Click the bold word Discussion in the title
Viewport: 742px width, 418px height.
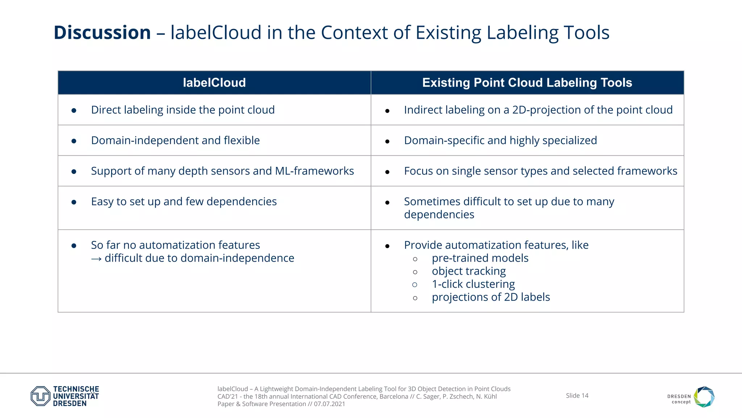coord(102,33)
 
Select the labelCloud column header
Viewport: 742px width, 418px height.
coord(214,83)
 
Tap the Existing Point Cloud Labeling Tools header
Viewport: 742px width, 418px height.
coord(527,83)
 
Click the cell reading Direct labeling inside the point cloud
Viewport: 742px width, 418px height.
coord(183,110)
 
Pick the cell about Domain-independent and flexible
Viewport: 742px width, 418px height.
coord(175,140)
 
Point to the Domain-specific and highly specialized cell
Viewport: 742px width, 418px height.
coord(500,140)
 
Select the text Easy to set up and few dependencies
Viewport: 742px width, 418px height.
coord(184,201)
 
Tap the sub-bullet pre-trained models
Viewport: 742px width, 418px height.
coord(480,258)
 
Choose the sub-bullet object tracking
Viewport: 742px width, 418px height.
coord(469,271)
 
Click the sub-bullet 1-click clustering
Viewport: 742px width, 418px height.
coord(473,284)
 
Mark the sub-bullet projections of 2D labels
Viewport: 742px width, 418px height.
coord(491,297)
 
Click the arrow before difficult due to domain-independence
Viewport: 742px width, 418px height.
coord(96,259)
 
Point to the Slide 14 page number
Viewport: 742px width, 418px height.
coord(577,396)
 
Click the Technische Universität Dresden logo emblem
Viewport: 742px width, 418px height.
coord(40,396)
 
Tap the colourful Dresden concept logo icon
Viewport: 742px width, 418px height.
coord(704,397)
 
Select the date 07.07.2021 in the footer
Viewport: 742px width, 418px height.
coord(329,404)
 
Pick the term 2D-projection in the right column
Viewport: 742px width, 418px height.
coord(546,110)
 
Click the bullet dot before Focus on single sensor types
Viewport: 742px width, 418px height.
coord(387,172)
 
